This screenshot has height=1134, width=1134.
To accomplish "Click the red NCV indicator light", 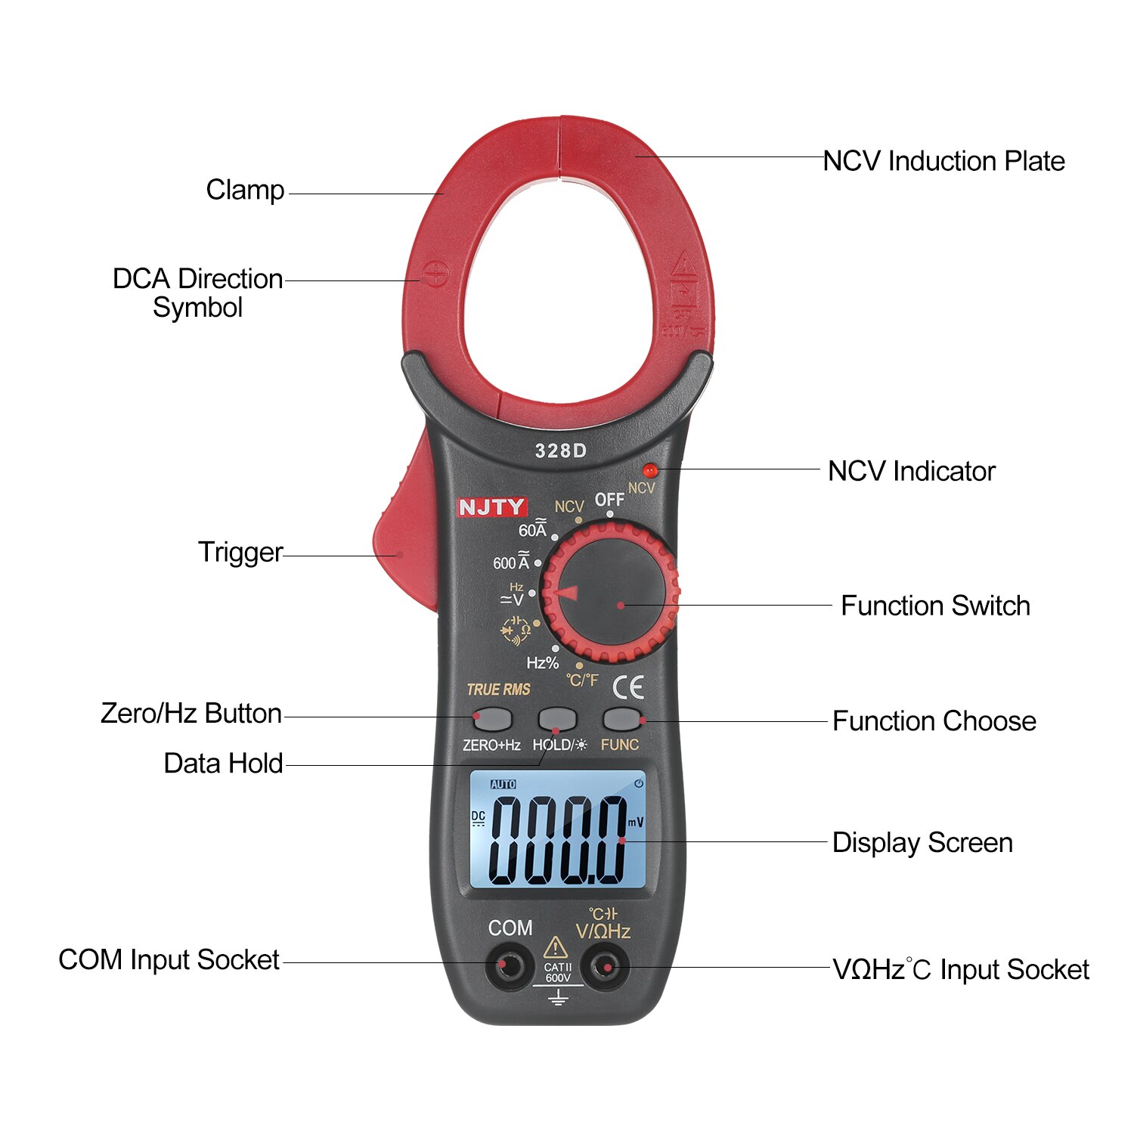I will coord(649,470).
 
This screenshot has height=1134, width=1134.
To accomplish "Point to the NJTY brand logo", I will coord(491,507).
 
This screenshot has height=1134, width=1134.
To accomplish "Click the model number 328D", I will coord(560,451).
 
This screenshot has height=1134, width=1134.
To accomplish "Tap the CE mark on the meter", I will coord(627,687).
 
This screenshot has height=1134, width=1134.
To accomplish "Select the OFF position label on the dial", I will coord(609,500).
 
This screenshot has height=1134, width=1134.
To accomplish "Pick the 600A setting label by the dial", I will coord(511,562).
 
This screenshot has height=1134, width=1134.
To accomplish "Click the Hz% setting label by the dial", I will coord(542,663).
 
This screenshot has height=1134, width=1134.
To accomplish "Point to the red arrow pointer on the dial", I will coord(566,593).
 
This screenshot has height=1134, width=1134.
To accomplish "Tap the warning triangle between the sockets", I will coord(556,947).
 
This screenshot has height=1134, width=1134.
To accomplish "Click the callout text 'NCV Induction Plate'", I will coord(943,161).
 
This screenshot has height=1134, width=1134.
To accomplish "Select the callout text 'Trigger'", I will coord(240,552).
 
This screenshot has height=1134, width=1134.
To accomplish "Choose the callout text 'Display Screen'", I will coord(922,843).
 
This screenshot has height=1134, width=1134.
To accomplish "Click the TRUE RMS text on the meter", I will coord(498,689).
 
